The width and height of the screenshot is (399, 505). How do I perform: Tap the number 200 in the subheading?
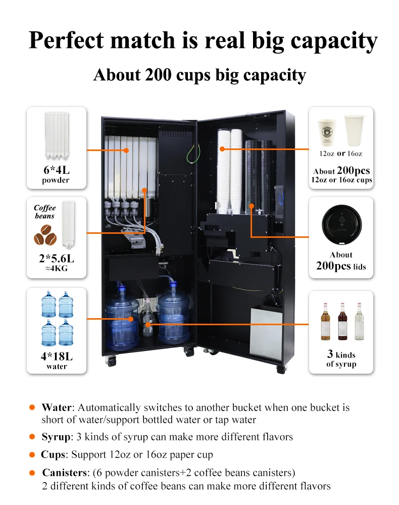159,75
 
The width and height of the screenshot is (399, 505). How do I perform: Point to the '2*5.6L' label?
56,259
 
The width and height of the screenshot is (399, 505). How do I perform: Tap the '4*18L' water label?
56,356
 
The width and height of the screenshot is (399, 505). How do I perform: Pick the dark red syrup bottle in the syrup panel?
342,322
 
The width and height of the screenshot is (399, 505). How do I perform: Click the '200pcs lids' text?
341,266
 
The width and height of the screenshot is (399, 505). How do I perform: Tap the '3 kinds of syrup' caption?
341,359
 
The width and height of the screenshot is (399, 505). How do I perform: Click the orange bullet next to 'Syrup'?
32,436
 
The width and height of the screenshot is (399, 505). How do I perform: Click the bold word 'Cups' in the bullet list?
53,454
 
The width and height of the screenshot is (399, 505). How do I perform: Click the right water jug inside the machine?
173,313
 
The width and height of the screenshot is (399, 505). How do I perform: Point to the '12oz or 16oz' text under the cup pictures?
341,154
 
